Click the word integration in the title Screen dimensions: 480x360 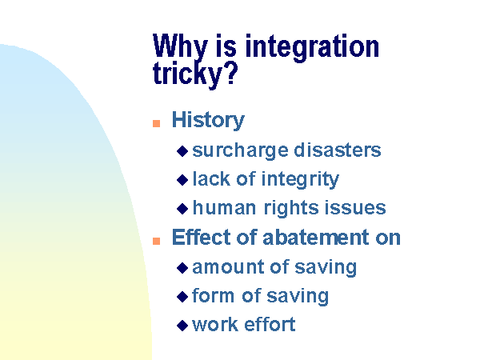[x=312, y=47]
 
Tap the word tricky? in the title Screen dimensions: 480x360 [x=195, y=74]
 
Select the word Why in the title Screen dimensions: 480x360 [x=180, y=46]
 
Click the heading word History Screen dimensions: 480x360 [x=208, y=120]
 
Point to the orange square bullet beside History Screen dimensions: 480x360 [x=157, y=123]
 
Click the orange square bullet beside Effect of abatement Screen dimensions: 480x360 [x=157, y=241]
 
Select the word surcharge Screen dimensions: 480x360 [x=240, y=150]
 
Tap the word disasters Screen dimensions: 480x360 [x=338, y=150]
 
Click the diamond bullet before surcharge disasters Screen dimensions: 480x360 [x=182, y=151]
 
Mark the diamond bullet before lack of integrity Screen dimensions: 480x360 [x=182, y=180]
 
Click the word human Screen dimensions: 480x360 [x=224, y=208]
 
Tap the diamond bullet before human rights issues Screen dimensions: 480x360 [x=182, y=209]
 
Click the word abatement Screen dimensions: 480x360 [x=316, y=238]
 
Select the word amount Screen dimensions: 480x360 [x=228, y=267]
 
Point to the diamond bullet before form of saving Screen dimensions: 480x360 [x=182, y=297]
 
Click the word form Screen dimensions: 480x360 [x=214, y=295]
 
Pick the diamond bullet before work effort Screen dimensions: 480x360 [x=182, y=326]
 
